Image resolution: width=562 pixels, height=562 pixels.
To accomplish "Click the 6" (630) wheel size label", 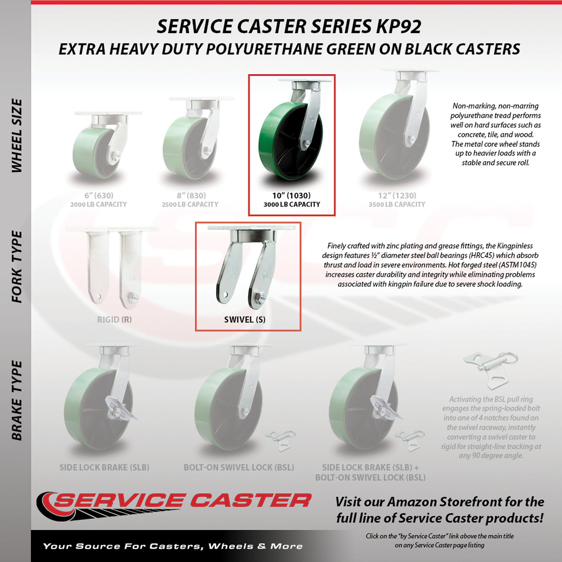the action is click(x=99, y=196).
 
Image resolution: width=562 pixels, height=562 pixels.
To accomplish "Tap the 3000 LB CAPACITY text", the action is click(x=292, y=205).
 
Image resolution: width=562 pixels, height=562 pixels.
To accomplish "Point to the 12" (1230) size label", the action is click(x=397, y=196).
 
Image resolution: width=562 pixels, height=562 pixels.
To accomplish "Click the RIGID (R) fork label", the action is click(x=114, y=320).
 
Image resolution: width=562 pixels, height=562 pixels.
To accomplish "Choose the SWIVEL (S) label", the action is click(x=245, y=320).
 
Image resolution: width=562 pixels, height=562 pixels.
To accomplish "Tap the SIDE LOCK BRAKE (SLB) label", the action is click(x=105, y=468).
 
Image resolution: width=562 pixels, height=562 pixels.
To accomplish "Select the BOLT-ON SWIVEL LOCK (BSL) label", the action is click(x=239, y=468).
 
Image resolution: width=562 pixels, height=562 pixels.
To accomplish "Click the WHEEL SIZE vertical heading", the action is click(x=17, y=135).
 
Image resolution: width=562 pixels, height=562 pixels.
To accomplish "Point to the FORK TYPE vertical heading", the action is click(x=17, y=267).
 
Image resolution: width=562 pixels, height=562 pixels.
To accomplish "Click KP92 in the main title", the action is click(x=398, y=26).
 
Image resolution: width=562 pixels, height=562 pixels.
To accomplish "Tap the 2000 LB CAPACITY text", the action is click(x=99, y=205).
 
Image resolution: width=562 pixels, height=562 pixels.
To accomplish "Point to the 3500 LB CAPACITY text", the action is click(x=397, y=205).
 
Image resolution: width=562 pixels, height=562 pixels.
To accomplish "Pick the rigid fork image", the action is click(x=112, y=266).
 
